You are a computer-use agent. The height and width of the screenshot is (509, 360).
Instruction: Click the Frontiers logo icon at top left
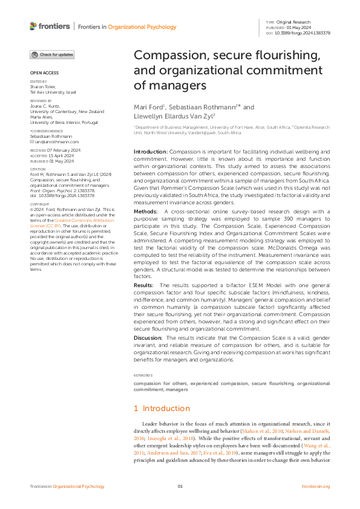[x=33, y=26]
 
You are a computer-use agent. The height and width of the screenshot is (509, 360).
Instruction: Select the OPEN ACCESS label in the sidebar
[x=42, y=73]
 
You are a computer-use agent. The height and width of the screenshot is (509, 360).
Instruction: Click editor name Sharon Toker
[x=44, y=86]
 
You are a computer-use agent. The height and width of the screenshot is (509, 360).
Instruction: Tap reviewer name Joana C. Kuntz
[x=47, y=106]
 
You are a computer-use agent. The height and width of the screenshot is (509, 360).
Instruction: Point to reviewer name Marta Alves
[x=42, y=116]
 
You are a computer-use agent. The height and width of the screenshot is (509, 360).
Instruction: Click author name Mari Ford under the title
[x=148, y=107]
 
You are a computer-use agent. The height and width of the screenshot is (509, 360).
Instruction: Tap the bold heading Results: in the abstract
[x=143, y=284]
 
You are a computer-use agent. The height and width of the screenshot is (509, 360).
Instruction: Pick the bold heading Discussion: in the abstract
[x=148, y=337]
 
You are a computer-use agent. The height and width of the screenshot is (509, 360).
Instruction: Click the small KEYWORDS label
[x=144, y=375]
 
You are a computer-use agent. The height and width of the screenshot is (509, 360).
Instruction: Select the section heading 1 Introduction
[x=162, y=408]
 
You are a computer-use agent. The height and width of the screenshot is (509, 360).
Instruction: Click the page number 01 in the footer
[x=180, y=487]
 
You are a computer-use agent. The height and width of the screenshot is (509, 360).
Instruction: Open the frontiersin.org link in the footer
[x=315, y=487]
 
